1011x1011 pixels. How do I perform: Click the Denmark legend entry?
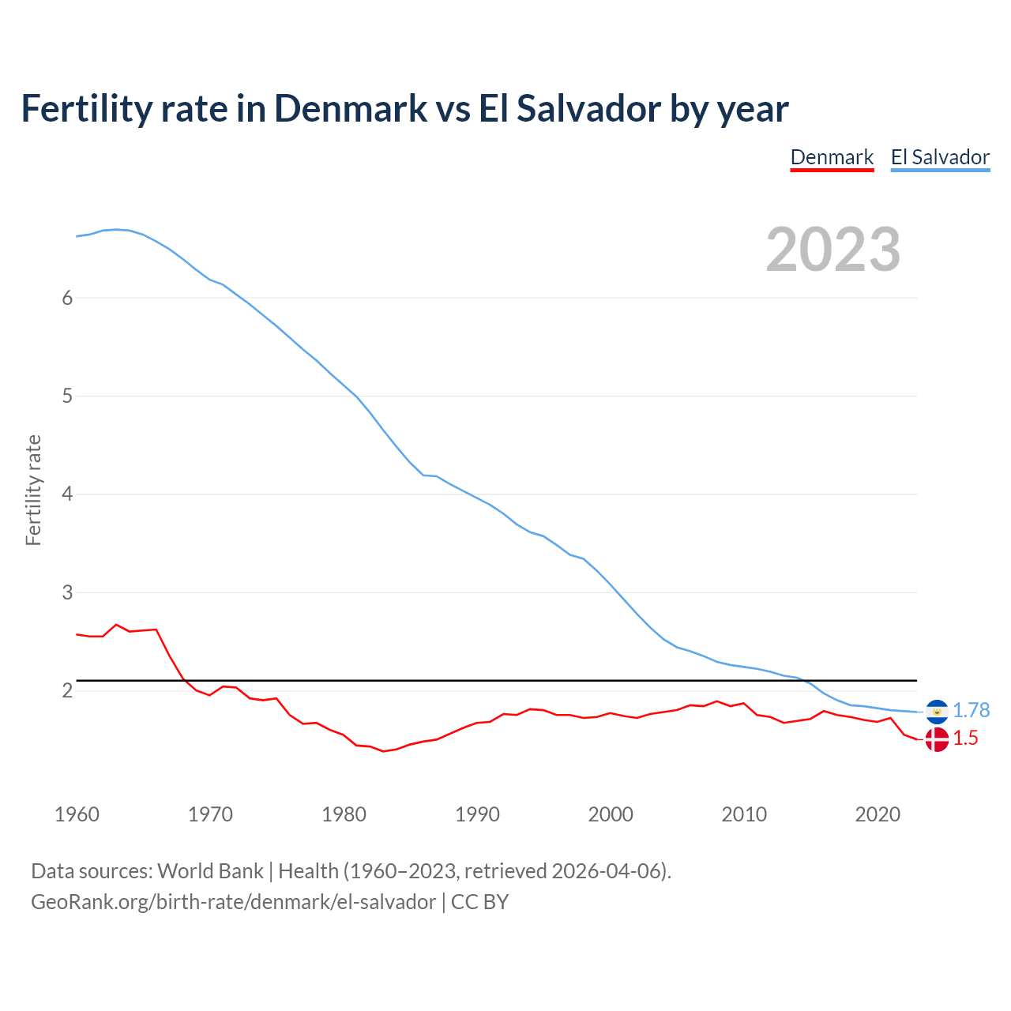click(832, 157)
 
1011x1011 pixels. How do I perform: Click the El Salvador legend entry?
click(940, 157)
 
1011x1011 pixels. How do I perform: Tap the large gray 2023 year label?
click(833, 250)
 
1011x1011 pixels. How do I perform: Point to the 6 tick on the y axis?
click(67, 298)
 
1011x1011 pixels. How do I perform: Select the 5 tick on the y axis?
click(67, 396)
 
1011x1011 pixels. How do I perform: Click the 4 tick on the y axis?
click(67, 494)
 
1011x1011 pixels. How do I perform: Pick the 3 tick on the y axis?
click(67, 592)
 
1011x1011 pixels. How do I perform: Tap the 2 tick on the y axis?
click(67, 691)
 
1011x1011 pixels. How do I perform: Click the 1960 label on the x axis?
click(77, 814)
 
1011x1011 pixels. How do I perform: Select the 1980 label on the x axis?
click(344, 814)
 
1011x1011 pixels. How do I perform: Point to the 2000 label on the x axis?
click(611, 814)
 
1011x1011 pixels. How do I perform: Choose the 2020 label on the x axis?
click(878, 814)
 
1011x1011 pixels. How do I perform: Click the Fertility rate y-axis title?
click(33, 490)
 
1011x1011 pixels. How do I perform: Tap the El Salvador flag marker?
click(937, 712)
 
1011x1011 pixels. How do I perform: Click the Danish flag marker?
click(937, 739)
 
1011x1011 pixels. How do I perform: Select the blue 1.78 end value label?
click(971, 711)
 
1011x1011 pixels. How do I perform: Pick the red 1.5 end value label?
click(965, 739)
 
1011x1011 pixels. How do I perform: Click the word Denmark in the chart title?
click(351, 108)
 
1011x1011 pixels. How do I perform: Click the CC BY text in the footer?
click(479, 902)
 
